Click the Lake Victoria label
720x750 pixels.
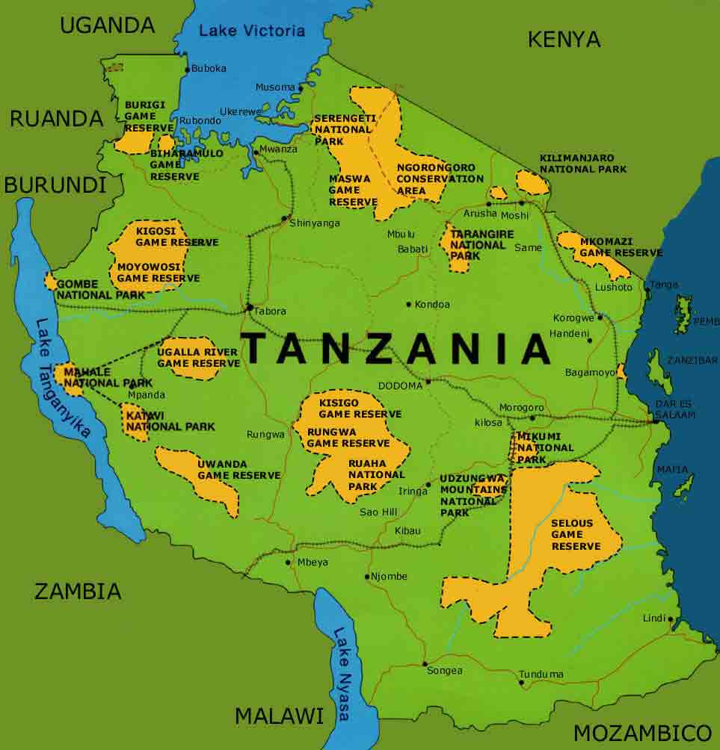[252, 31]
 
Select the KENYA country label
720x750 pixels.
[564, 40]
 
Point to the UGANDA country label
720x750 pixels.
[107, 25]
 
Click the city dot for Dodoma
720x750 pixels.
[428, 382]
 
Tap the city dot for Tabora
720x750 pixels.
[249, 307]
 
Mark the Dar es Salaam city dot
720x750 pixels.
[656, 421]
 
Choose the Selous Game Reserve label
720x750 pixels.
[576, 535]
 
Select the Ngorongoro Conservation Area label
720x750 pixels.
[440, 179]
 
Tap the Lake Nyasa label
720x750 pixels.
[341, 673]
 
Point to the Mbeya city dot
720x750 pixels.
[288, 562]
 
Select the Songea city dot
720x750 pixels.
[424, 663]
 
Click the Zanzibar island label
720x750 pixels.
[692, 360]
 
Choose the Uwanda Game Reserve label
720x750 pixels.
[239, 470]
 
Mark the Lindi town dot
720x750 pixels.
[671, 619]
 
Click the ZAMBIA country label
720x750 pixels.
[77, 591]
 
